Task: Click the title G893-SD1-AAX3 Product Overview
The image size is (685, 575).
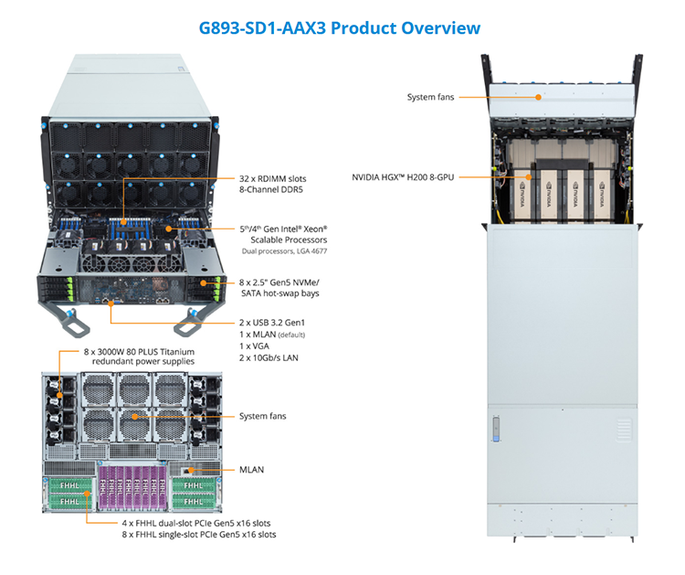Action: pos(340,28)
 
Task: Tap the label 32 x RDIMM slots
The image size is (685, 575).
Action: pos(272,178)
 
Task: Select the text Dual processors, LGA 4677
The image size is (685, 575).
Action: pos(284,251)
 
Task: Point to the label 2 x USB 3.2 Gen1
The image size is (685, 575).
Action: pos(272,323)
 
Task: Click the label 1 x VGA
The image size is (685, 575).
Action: pos(254,346)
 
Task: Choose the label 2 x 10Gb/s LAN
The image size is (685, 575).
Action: pos(269,357)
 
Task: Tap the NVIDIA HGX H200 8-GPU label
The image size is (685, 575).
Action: pos(403,177)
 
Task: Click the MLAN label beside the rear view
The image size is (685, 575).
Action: pos(252,470)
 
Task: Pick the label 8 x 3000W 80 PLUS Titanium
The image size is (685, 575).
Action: pos(139,352)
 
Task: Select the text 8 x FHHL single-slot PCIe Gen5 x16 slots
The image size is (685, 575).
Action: pos(199,535)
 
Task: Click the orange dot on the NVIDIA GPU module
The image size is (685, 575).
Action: pos(529,177)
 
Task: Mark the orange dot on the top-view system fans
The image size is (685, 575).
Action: pos(539,97)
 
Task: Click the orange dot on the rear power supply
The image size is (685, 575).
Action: pos(59,395)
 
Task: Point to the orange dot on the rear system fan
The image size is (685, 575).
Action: pos(135,417)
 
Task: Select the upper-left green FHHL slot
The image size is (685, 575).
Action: pos(70,485)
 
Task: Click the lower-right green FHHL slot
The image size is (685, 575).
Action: pos(194,501)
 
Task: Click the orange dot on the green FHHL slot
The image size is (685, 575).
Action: pos(87,494)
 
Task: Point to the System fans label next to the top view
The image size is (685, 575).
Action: pos(430,97)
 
